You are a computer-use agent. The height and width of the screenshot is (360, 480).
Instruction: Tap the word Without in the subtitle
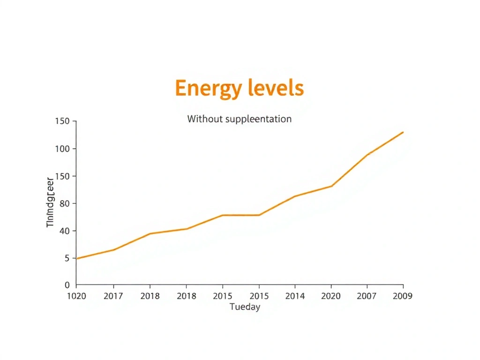pyautogui.click(x=205, y=119)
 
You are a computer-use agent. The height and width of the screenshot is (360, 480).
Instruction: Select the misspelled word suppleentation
pyautogui.click(x=258, y=119)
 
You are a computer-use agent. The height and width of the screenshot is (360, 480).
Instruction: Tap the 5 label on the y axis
pyautogui.click(x=67, y=258)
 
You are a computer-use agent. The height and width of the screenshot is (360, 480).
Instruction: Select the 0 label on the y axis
pyautogui.click(x=67, y=285)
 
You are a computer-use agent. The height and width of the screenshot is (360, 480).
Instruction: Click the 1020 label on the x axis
pyautogui.click(x=76, y=296)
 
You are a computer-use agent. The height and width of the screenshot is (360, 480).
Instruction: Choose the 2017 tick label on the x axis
pyautogui.click(x=113, y=296)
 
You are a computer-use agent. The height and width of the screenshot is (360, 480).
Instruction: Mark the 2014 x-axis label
pyautogui.click(x=295, y=296)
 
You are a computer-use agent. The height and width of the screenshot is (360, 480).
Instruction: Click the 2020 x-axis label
pyautogui.click(x=331, y=296)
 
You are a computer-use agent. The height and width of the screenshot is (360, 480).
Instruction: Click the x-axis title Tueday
pyautogui.click(x=245, y=307)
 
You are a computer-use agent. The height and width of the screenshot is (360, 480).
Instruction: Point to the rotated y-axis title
pyautogui.click(x=51, y=202)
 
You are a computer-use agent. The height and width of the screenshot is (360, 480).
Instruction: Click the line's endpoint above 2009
pyautogui.click(x=403, y=132)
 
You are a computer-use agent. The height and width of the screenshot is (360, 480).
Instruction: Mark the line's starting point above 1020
pyautogui.click(x=76, y=258)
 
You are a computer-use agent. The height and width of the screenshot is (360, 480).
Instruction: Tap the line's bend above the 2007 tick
pyautogui.click(x=367, y=155)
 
